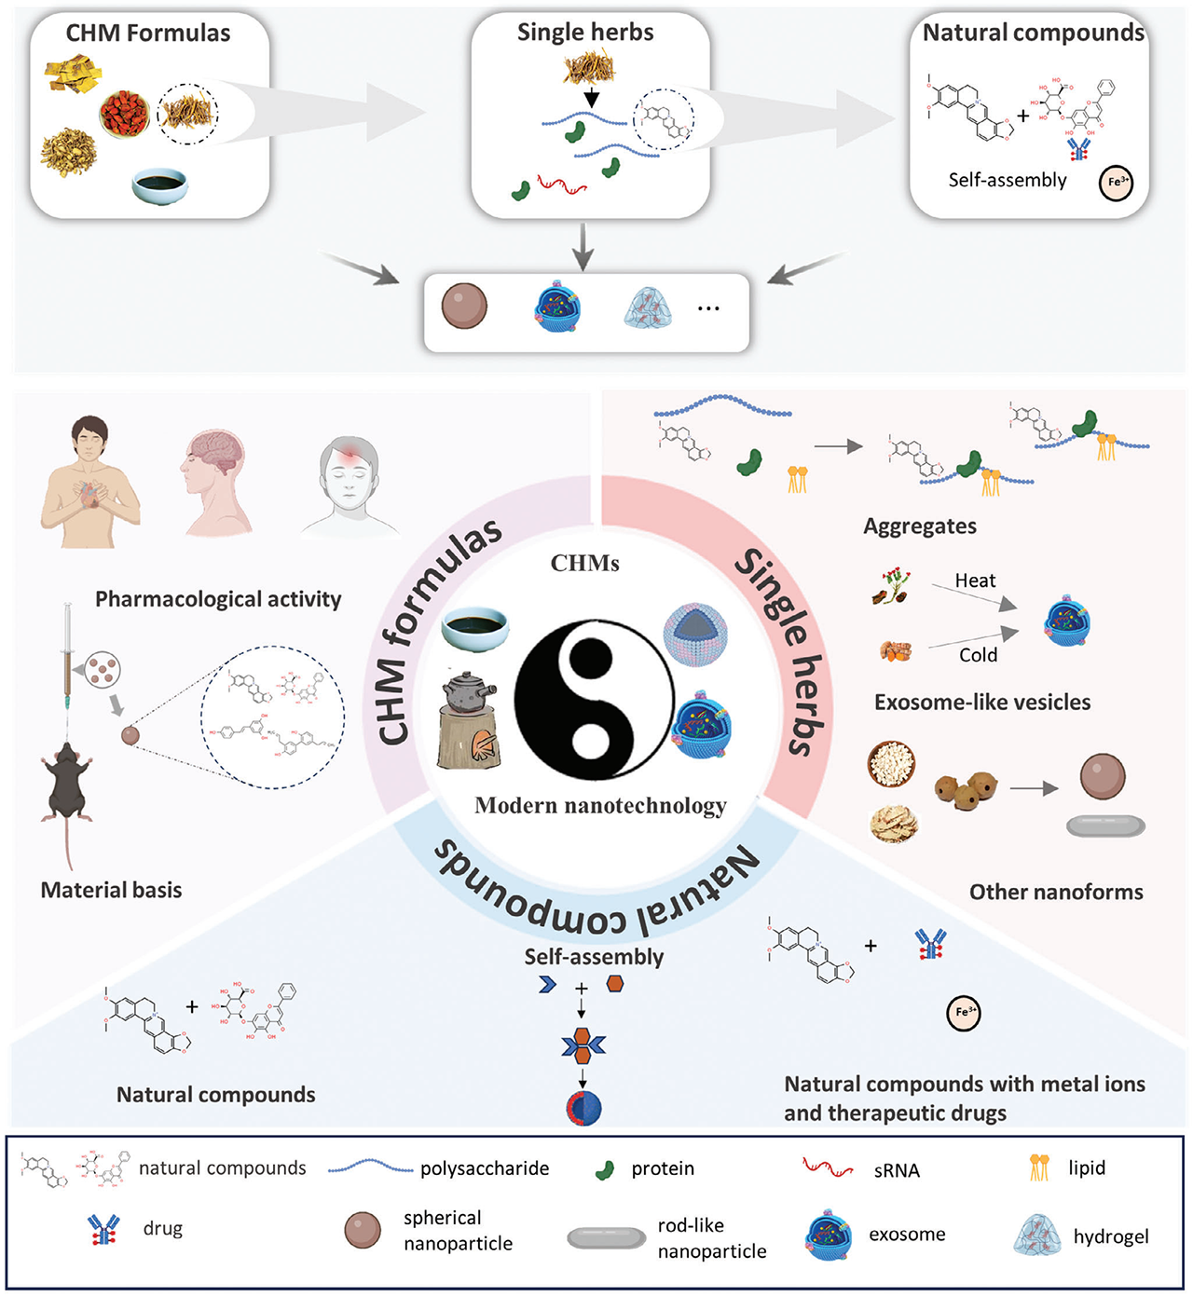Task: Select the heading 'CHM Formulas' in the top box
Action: pos(147,34)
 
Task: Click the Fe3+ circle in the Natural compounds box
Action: pos(1116,182)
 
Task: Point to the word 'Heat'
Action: pos(975,580)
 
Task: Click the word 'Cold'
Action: pos(978,655)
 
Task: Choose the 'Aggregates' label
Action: pos(920,526)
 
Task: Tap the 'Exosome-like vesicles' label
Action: pos(981,703)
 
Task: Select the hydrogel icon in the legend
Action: pos(1036,1236)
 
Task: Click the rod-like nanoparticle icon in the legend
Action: pos(607,1237)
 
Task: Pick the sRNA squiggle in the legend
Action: pos(828,1167)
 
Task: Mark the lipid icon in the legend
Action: pos(1039,1167)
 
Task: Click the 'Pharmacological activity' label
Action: pos(218,599)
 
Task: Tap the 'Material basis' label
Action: pos(111,890)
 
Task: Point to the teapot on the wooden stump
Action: pos(469,695)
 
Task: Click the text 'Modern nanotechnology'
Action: pos(600,806)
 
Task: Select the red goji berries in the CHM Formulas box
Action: pos(126,113)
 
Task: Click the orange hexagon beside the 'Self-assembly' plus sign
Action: pos(615,984)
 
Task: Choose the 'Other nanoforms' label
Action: pos(1056,892)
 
